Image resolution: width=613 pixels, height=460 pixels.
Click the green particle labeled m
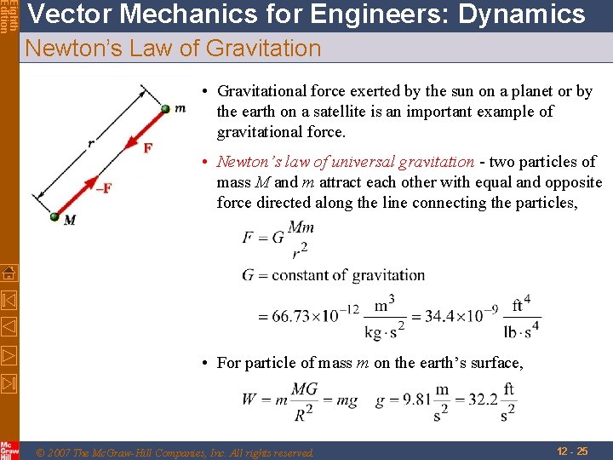[x=167, y=108]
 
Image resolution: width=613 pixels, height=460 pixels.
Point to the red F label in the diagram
[x=147, y=148]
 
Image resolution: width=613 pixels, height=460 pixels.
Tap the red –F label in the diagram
[x=103, y=188]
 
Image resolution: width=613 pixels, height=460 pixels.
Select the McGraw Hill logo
[x=9, y=450]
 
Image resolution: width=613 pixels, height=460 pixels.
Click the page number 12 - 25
[x=571, y=451]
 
